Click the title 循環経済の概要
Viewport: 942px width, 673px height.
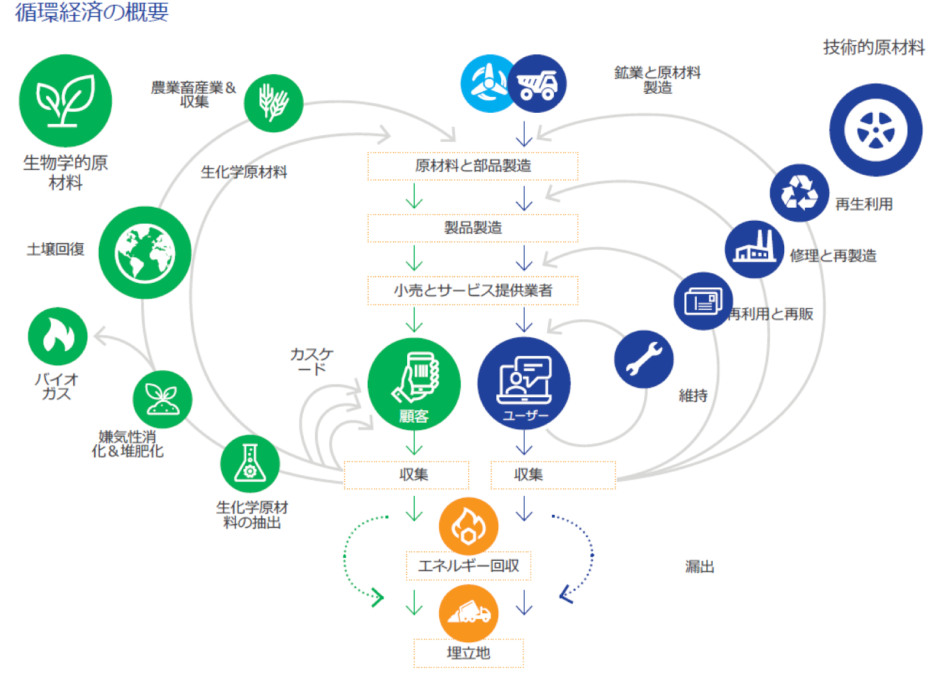(x=92, y=12)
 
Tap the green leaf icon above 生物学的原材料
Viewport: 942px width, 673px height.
(x=65, y=100)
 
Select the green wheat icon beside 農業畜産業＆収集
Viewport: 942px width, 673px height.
(x=273, y=103)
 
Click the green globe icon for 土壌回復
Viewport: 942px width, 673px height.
(x=145, y=253)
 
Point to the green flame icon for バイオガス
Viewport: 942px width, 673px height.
(x=57, y=336)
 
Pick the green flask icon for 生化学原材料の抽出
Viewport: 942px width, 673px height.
(x=250, y=464)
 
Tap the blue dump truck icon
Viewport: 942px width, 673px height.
(x=537, y=84)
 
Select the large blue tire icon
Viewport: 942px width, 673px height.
(x=875, y=130)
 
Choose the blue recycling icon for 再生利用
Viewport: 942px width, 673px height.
(x=799, y=193)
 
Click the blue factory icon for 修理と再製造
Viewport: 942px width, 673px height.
(x=754, y=249)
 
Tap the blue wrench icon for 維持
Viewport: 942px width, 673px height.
(x=644, y=359)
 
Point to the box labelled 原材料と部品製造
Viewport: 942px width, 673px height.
(x=473, y=166)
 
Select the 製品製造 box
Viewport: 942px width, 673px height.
(x=473, y=228)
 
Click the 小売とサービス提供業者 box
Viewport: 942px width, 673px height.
(x=473, y=290)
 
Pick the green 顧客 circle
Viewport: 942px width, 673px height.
(x=414, y=384)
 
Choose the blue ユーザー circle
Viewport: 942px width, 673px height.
(x=524, y=384)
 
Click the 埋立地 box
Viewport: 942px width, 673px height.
(x=468, y=653)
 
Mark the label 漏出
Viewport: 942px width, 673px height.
(x=700, y=567)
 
